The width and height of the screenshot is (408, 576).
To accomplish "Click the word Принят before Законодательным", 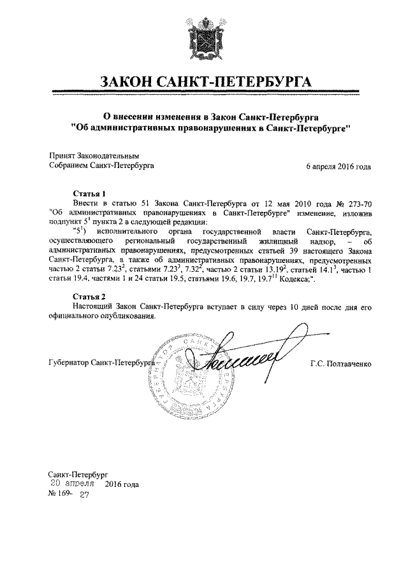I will [62, 155].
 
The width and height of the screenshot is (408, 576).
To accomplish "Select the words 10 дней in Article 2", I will [291, 307].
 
